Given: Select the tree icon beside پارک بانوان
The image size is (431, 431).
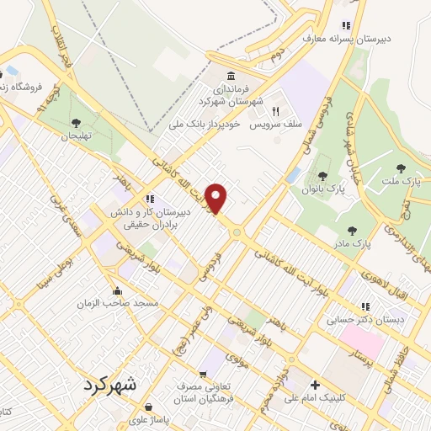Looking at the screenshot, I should [322, 175].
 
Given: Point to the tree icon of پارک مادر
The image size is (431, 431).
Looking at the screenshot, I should [352, 230].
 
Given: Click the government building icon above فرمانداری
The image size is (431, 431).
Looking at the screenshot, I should [231, 76].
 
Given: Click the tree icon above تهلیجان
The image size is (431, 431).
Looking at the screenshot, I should [77, 123].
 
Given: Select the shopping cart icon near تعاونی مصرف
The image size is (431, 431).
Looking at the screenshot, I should [202, 375].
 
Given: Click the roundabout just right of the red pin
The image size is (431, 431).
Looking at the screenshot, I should [237, 231].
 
